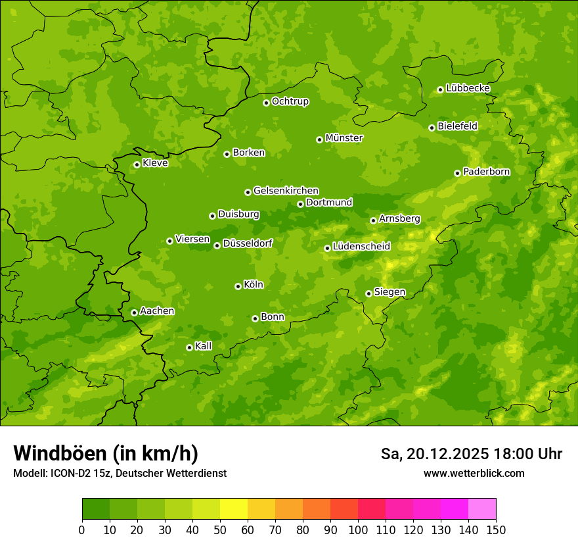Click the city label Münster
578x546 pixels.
coord(344,138)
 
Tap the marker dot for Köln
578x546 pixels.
coord(238,286)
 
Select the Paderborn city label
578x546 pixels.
coord(487,172)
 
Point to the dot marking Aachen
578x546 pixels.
coord(134,312)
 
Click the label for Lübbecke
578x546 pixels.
coord(468,88)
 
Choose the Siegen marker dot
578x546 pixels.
coord(368,293)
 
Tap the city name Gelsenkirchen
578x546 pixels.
coord(286,191)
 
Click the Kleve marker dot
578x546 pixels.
coord(137,164)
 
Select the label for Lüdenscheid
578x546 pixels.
coord(361,247)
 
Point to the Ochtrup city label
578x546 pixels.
coord(290,101)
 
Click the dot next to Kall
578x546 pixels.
coord(189,347)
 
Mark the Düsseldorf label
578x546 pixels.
coord(248,243)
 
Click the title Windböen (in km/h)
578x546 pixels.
coord(106,453)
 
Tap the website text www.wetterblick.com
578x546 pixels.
coord(474,473)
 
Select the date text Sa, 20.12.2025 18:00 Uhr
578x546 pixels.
coord(472,454)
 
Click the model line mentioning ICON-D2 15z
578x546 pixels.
coord(120,473)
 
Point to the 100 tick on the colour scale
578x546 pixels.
coord(358,530)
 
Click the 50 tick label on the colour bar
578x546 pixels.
coord(220,530)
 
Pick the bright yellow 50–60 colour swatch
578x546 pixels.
coord(234,509)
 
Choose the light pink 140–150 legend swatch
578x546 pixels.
coord(482,509)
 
